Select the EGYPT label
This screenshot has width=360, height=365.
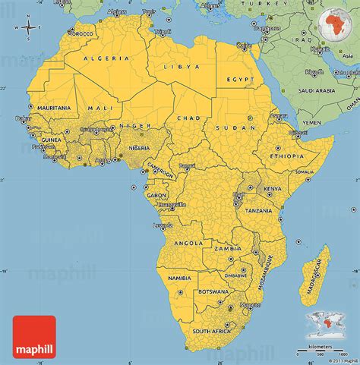pyautogui.click(x=241, y=79)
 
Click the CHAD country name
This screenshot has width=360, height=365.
pyautogui.click(x=188, y=118)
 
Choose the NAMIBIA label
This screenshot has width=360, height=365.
pyautogui.click(x=180, y=278)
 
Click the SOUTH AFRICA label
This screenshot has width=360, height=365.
pyautogui.click(x=211, y=332)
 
